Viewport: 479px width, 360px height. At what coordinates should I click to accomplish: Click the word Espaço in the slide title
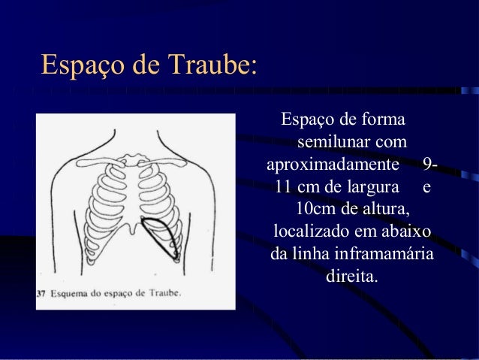[80, 65]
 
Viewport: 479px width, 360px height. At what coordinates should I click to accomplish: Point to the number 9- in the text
[431, 163]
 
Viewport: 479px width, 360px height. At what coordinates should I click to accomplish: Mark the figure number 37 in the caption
[41, 294]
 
